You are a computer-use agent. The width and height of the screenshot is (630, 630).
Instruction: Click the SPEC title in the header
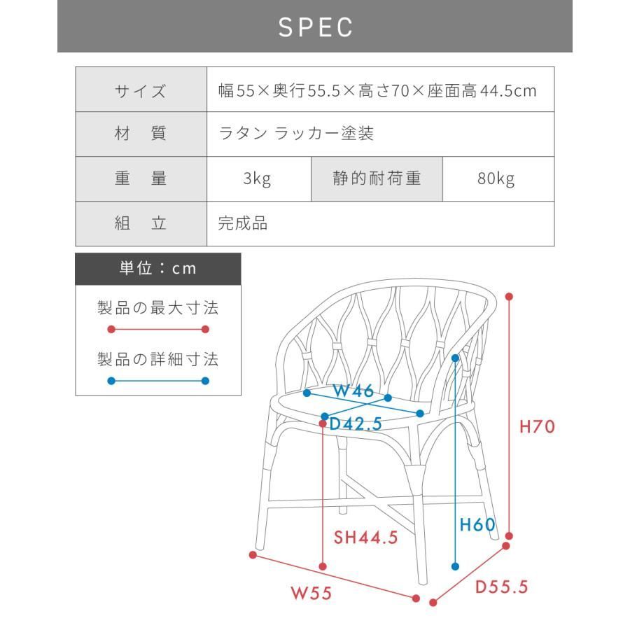(x=316, y=27)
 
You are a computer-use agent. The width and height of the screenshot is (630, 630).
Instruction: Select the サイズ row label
(x=140, y=91)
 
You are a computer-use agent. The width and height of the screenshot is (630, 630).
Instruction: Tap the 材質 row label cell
(x=141, y=134)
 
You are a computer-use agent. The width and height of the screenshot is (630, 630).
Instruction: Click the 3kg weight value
(x=257, y=178)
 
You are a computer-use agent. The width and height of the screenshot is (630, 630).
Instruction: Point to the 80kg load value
(x=496, y=178)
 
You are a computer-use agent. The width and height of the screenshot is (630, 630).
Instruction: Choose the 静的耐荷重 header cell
(x=377, y=179)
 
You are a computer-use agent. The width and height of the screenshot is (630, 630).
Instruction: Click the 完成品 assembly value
(x=243, y=223)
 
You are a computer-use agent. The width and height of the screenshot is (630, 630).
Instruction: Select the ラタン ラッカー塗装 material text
(x=296, y=134)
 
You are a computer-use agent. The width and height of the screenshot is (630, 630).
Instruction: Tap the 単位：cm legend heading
(x=158, y=268)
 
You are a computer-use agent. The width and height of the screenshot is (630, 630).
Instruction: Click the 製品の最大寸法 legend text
(x=158, y=308)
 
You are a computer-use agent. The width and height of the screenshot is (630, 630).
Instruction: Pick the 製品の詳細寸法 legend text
(x=158, y=359)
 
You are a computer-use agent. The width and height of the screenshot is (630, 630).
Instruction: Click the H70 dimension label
(x=537, y=427)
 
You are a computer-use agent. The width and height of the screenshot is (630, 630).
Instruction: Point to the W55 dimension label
(x=311, y=593)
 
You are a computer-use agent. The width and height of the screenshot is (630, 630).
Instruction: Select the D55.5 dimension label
(x=501, y=587)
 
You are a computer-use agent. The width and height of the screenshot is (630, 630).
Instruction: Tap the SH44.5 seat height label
(x=365, y=537)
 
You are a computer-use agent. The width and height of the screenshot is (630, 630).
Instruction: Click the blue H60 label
(x=477, y=525)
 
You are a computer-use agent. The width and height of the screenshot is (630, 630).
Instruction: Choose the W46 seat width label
(x=353, y=391)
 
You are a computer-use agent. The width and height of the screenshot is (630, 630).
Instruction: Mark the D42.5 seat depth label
(x=356, y=424)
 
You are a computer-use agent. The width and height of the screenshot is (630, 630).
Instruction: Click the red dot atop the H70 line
(x=509, y=297)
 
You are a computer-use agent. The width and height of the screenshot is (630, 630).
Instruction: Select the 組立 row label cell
(x=141, y=224)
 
